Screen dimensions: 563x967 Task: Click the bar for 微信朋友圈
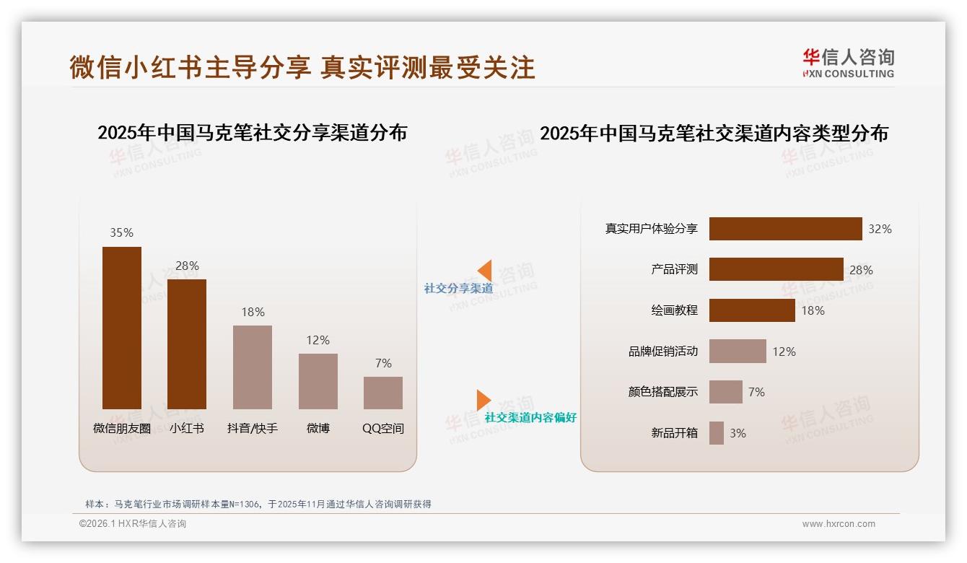coord(122,328)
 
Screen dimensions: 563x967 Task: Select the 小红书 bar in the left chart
coord(187,344)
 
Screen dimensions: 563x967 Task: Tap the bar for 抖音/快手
coord(253,367)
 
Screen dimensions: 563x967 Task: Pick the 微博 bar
coord(318,381)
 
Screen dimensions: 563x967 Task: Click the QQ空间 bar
coord(383,393)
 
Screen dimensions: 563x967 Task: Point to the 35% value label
coord(121,232)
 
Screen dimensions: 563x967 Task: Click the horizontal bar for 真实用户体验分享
coord(785,229)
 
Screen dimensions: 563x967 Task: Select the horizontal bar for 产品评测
coord(776,269)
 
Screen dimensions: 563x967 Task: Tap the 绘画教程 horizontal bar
coord(752,310)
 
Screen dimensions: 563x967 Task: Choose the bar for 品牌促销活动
coord(738,352)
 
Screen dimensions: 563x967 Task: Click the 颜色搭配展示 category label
coord(662,392)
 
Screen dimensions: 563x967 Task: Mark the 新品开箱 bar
coord(717,433)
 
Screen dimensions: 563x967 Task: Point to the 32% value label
coord(880,229)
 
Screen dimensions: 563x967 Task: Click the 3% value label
coord(738,433)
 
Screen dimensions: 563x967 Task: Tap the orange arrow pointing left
coord(484,271)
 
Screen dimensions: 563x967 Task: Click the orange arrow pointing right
coord(483,400)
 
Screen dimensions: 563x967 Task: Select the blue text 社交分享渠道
coord(458,289)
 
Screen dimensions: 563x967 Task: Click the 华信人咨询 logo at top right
coord(848,63)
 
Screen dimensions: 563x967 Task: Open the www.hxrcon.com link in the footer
coord(839,524)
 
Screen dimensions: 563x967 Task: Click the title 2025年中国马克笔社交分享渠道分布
coord(252,133)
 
